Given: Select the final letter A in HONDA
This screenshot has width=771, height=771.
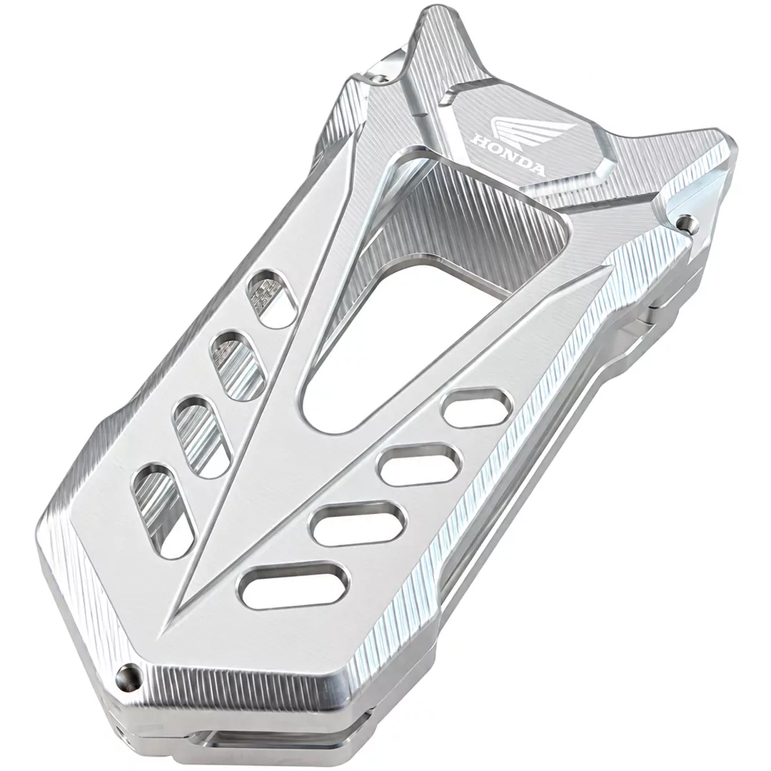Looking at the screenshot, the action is pos(537,168).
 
